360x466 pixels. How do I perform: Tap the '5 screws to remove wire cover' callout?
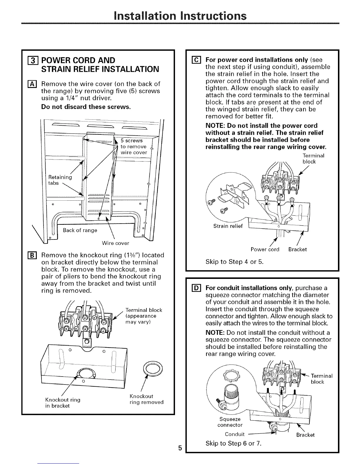click(x=134, y=147)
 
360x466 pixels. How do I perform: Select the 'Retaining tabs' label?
click(x=60, y=180)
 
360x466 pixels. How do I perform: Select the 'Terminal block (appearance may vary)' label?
click(x=144, y=316)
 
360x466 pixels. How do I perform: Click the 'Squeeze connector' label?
click(x=230, y=422)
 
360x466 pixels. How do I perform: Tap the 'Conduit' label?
click(x=235, y=434)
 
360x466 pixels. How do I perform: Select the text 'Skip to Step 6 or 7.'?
click(x=234, y=443)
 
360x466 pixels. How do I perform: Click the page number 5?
click(x=180, y=448)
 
